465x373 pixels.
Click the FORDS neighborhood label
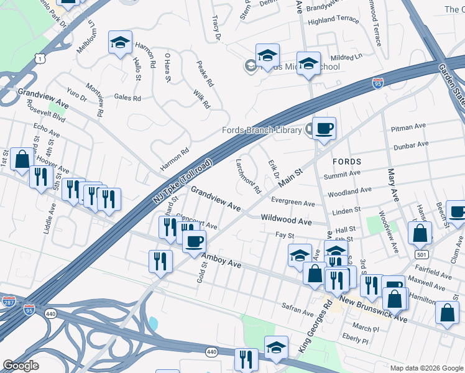(x=347, y=161)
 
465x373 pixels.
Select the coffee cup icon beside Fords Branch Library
(x=324, y=129)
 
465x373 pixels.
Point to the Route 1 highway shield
(x=40, y=58)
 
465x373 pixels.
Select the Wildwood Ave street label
(x=286, y=220)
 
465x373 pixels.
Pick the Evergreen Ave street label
(x=293, y=203)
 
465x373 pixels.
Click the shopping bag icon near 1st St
(x=22, y=159)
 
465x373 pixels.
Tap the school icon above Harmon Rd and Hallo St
(x=120, y=42)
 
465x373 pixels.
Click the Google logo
(x=21, y=366)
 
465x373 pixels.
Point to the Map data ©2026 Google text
(x=426, y=368)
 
